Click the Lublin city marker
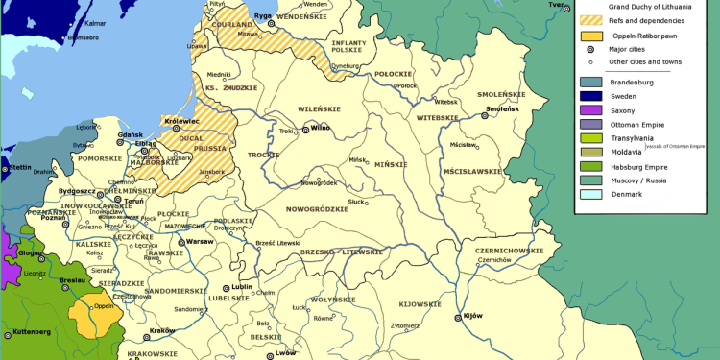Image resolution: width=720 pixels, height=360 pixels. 227,286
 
